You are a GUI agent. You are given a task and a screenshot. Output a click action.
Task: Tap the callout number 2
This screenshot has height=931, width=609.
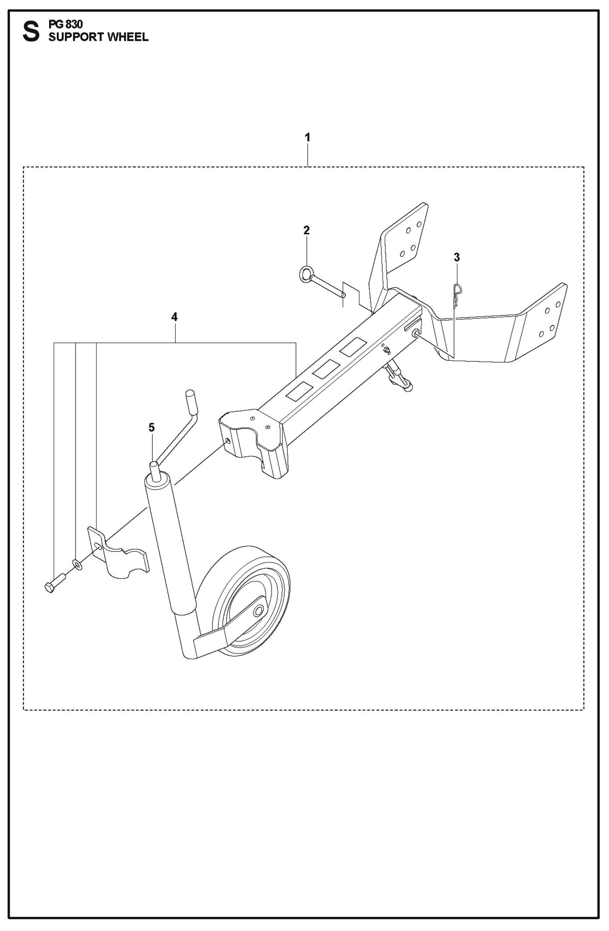click(x=306, y=231)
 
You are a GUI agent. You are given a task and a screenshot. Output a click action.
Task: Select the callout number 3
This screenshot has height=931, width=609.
click(x=457, y=257)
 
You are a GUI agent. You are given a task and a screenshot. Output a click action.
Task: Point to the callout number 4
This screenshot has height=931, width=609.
click(x=174, y=317)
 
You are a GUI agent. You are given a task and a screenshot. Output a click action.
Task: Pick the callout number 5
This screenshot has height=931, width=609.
click(x=152, y=427)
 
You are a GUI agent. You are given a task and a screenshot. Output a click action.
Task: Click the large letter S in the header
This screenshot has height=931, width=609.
click(x=31, y=32)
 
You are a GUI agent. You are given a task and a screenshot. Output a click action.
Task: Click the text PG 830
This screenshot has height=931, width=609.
click(x=65, y=24)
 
